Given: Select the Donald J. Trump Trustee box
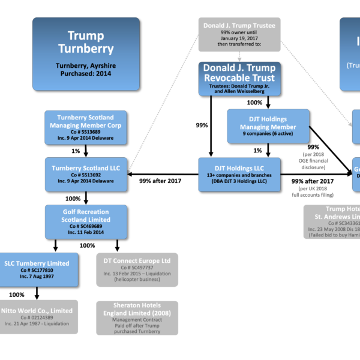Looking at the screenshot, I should (x=239, y=34).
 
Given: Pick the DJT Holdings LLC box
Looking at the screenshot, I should (x=239, y=175).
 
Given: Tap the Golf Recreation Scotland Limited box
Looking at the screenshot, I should (x=86, y=221).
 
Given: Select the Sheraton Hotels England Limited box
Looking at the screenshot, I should (x=137, y=317).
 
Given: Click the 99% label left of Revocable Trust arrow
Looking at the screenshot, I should (x=202, y=125).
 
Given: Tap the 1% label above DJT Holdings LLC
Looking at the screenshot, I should (x=257, y=151).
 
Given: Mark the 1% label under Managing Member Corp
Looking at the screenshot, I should (x=76, y=151).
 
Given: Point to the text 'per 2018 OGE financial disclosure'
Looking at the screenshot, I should (x=313, y=160).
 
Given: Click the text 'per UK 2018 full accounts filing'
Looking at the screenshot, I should (x=313, y=191).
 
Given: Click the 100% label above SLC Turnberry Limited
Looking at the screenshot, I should (x=87, y=245).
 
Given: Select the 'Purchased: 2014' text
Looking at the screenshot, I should (x=86, y=73).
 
